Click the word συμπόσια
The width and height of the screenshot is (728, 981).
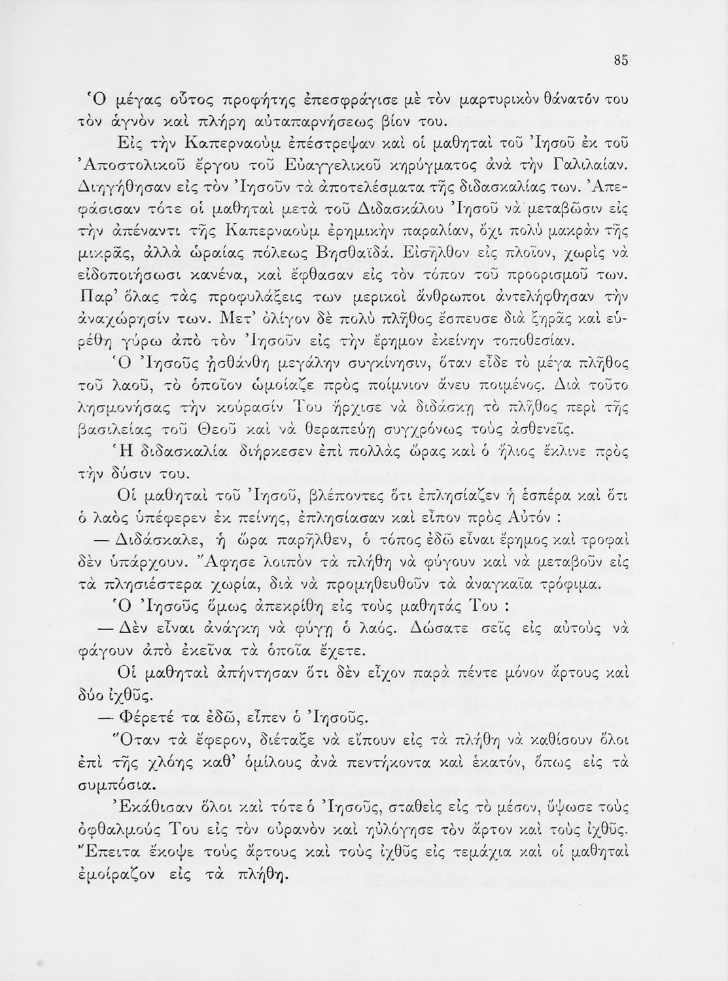tap(132, 783)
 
